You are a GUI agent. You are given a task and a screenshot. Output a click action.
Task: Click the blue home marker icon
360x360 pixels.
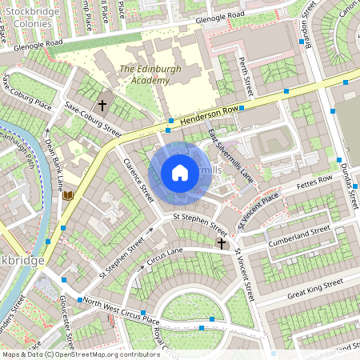point(180,173)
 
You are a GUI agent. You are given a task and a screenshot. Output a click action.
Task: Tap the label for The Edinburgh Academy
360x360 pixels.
point(144,74)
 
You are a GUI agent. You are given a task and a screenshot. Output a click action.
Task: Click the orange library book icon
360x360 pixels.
point(68,194)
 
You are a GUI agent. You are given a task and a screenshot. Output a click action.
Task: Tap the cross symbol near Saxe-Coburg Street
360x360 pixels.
point(102,105)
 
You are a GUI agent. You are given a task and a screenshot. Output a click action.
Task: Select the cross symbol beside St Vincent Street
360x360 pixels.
point(222,242)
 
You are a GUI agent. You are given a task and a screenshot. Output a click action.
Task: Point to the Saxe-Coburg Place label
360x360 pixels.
point(26,94)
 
